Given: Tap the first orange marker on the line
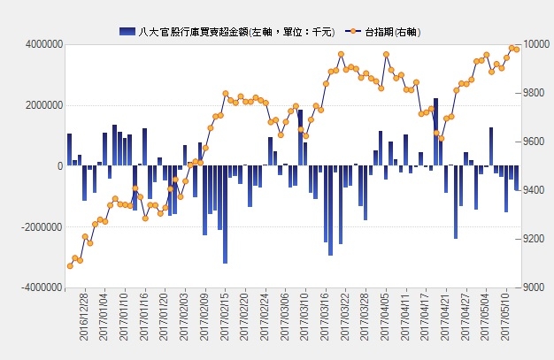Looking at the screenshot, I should click(x=70, y=265).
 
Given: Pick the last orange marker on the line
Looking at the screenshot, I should click(x=517, y=50).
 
